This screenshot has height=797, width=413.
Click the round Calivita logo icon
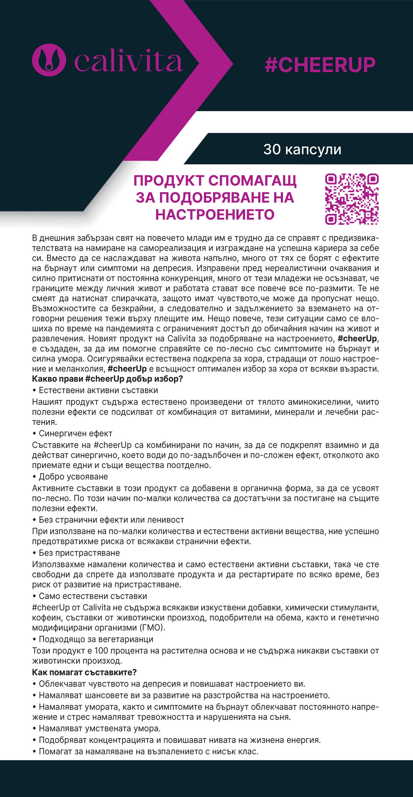pos(49,60)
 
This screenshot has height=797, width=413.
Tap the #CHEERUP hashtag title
pos(320,65)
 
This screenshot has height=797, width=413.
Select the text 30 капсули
pos(302,150)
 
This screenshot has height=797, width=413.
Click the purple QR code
pos(352,199)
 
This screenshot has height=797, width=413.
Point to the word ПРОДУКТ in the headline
pos(169,181)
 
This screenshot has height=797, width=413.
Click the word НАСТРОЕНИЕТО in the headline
pos(215,214)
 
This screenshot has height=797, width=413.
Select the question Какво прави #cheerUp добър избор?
pos(108,379)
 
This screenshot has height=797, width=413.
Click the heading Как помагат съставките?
pos(84,672)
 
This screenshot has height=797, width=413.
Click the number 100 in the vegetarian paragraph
pos(101,650)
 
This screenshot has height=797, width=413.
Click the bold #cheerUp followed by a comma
pos(357,339)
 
